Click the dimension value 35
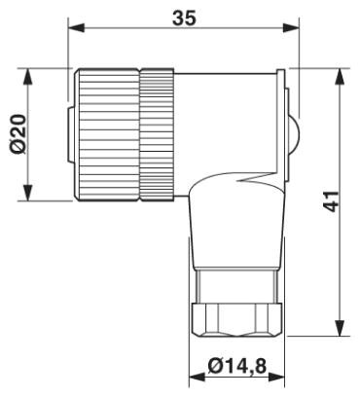[184, 18]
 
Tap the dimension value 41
[331, 201]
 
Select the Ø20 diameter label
[18, 133]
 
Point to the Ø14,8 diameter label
[237, 366]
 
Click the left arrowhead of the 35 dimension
[77, 28]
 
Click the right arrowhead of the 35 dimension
[291, 28]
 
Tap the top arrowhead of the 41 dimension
[340, 77]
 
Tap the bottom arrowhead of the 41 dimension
[340, 328]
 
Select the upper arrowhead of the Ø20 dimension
[28, 77]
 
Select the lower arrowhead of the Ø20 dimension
[28, 193]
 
